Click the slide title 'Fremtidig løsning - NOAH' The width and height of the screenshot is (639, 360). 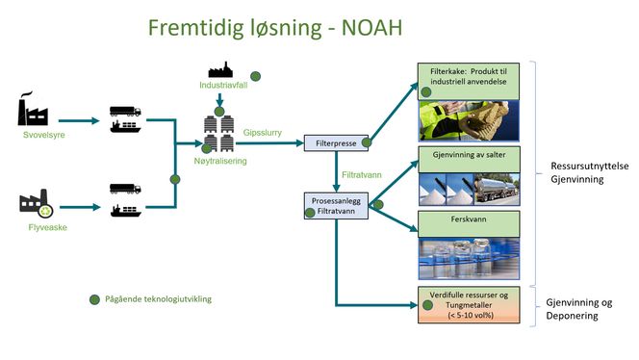click(x=274, y=29)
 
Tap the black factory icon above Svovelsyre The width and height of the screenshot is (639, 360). click(x=34, y=112)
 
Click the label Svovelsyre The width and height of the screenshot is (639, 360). click(x=37, y=136)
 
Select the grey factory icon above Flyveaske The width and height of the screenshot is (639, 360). click(x=36, y=202)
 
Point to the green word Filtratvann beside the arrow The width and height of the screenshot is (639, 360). click(x=365, y=176)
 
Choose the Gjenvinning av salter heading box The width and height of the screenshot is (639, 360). click(x=470, y=155)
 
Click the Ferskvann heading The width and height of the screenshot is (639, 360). click(x=470, y=219)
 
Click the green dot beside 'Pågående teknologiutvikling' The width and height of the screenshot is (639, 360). click(x=93, y=298)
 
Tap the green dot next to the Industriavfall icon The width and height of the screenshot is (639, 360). click(x=255, y=75)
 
